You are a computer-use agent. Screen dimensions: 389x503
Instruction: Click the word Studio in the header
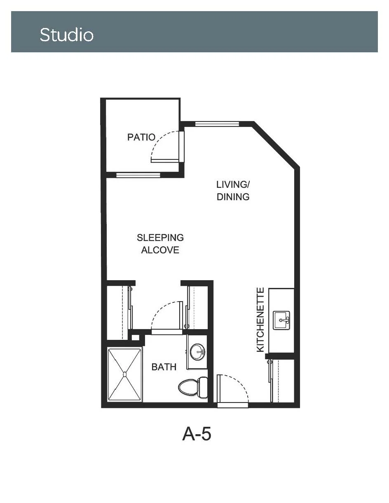[x=67, y=35]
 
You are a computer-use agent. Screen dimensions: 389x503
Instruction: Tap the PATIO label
[x=141, y=137]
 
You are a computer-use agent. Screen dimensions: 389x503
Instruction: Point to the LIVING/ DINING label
[x=233, y=190]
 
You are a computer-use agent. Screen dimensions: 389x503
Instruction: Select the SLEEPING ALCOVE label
[x=160, y=244]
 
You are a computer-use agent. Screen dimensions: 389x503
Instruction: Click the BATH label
[x=164, y=367]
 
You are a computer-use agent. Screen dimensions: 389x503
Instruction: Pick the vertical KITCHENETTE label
[x=260, y=320]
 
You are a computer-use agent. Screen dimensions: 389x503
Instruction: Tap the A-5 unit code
[x=197, y=434]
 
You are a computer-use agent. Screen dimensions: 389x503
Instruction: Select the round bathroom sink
[x=197, y=352]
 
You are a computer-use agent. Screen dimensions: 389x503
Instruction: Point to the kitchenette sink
[x=281, y=320]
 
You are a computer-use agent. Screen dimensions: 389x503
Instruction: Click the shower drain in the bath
[x=125, y=374]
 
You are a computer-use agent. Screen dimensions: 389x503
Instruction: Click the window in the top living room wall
[x=217, y=124]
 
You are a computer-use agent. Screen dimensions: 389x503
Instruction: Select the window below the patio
[x=138, y=175]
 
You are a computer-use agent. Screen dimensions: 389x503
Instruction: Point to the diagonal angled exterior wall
[x=275, y=145]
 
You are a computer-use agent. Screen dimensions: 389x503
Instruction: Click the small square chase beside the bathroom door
[x=135, y=337]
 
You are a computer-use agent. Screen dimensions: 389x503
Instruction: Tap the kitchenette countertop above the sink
[x=281, y=299]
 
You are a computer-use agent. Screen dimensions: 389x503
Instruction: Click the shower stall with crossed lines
[x=124, y=374]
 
